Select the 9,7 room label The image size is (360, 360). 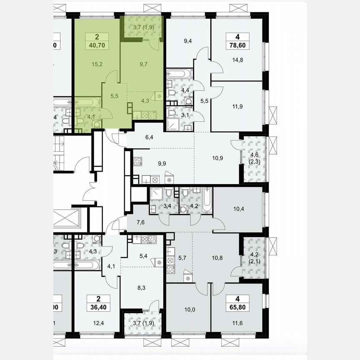(x=143, y=64)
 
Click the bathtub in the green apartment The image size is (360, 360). (x=87, y=102)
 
